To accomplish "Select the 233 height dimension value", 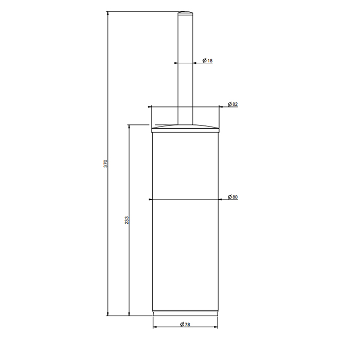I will (x=127, y=220).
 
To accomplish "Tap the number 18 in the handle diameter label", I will (x=210, y=61).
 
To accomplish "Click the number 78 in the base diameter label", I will (x=188, y=324).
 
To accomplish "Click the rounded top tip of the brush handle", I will (x=185, y=12).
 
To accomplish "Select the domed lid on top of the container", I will (x=185, y=127).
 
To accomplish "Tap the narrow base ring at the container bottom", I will (x=185, y=313).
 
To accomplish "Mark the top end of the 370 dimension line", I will (x=108, y=11).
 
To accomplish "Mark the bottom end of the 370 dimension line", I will (x=108, y=315).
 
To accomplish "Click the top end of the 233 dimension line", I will (x=129, y=124).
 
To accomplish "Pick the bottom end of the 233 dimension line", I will (x=129, y=315).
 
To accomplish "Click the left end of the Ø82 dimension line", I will (x=149, y=107).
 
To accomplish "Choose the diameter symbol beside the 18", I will (x=205, y=61).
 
